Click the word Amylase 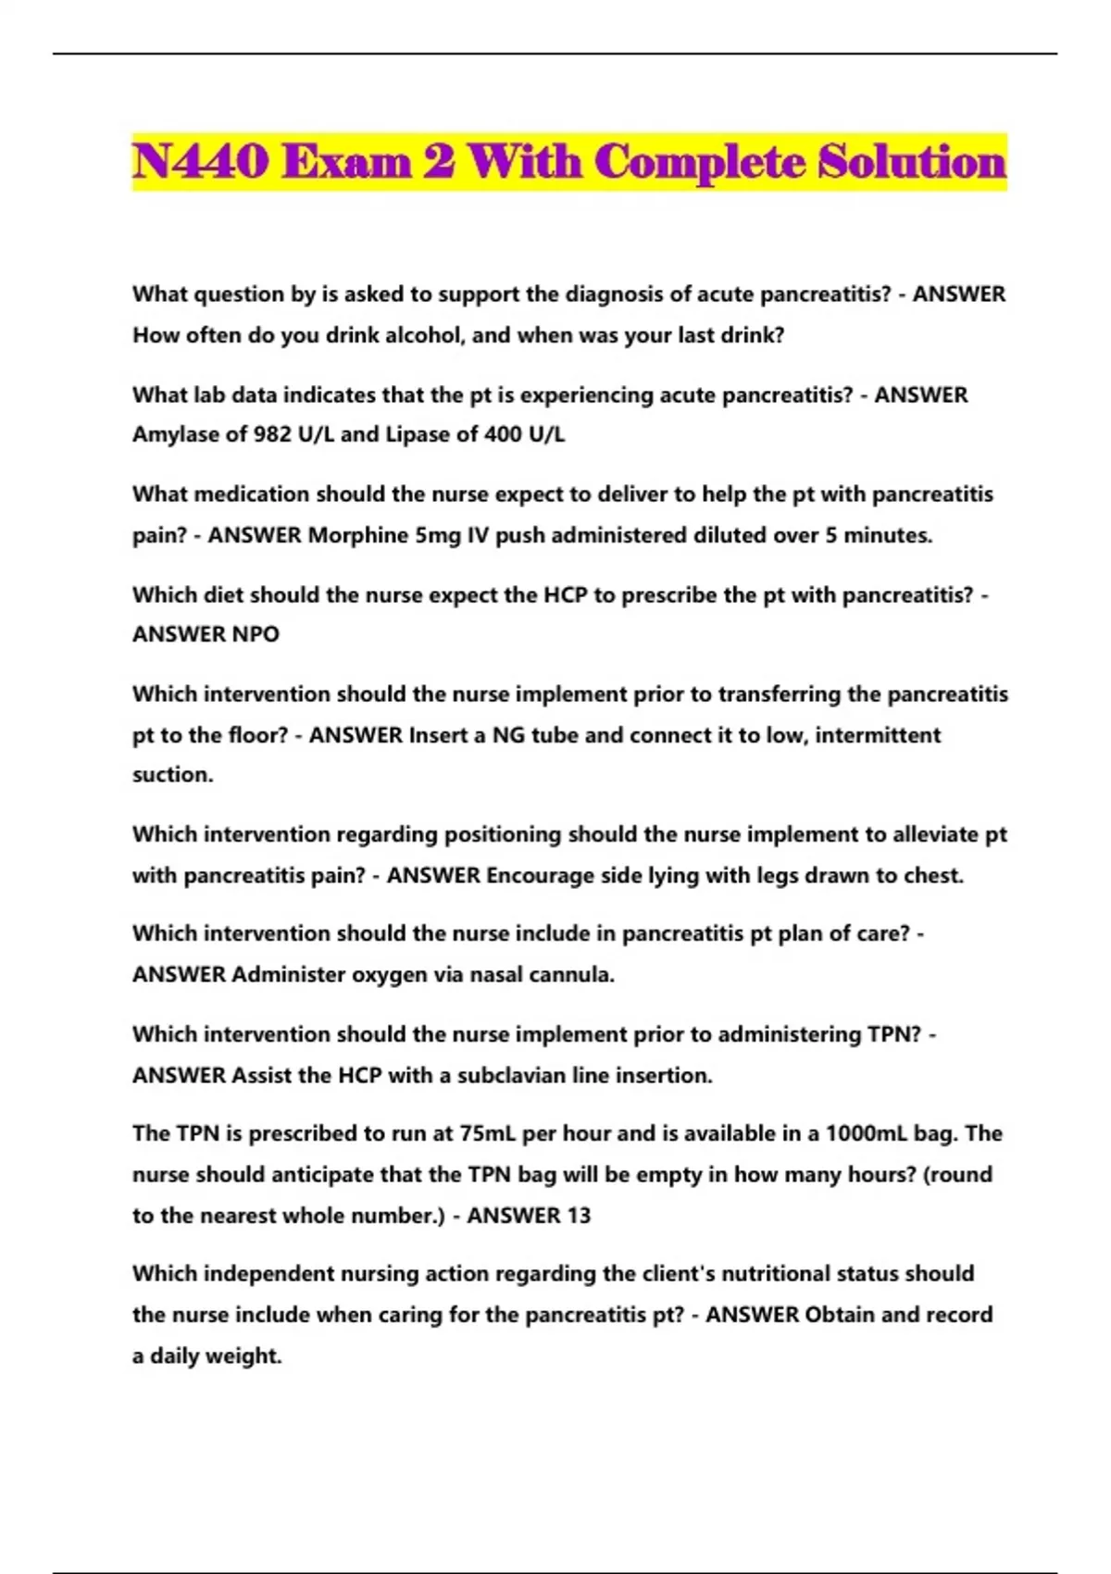pyautogui.click(x=176, y=434)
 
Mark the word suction pyautogui.click(x=172, y=775)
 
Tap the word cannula pyautogui.click(x=571, y=975)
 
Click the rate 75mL pyautogui.click(x=489, y=1134)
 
